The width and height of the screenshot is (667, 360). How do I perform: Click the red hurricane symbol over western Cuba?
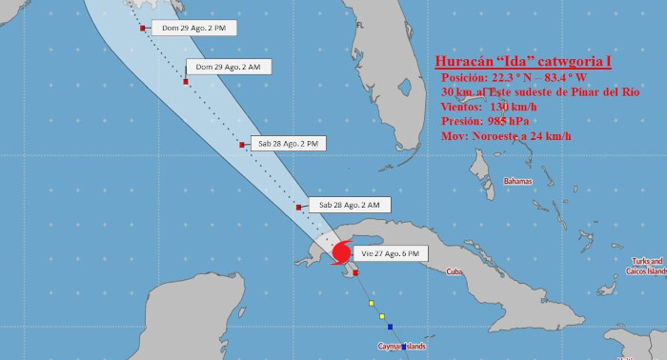coord(340,253)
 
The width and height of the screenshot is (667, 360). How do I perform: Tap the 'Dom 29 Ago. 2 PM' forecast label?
coord(193,29)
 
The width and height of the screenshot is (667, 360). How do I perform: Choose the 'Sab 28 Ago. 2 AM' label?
coord(350,205)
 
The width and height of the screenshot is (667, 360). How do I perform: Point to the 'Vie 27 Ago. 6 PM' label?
coord(392,253)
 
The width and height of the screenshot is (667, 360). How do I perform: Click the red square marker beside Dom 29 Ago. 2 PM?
coord(143,29)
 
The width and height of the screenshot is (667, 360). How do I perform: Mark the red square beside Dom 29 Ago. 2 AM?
coord(186,82)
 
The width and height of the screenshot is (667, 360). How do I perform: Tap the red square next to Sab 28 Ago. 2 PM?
coord(243,145)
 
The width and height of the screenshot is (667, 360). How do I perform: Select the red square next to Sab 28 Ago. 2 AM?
coord(299,207)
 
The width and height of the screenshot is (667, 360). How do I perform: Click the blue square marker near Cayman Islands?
coord(404,347)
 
